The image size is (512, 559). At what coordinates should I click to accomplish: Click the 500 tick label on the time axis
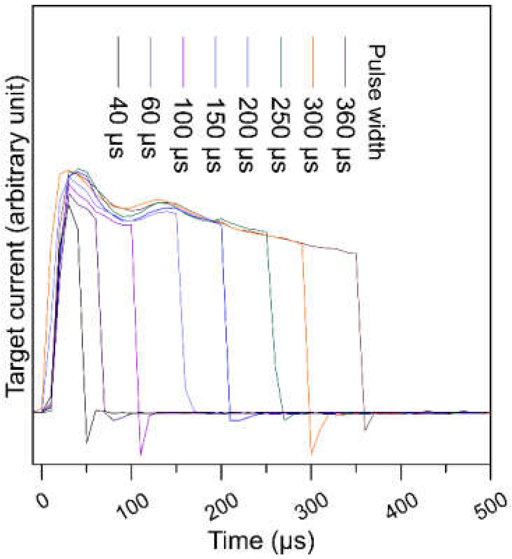492,504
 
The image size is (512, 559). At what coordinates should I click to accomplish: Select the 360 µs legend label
345,134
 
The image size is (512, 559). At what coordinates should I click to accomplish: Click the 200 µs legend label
247,134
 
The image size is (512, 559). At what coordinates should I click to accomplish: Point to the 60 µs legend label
150,128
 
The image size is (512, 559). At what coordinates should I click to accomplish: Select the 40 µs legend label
118,128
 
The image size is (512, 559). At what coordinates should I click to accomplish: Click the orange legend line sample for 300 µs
313,61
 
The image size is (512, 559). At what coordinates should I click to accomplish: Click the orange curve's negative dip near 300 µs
311,453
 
